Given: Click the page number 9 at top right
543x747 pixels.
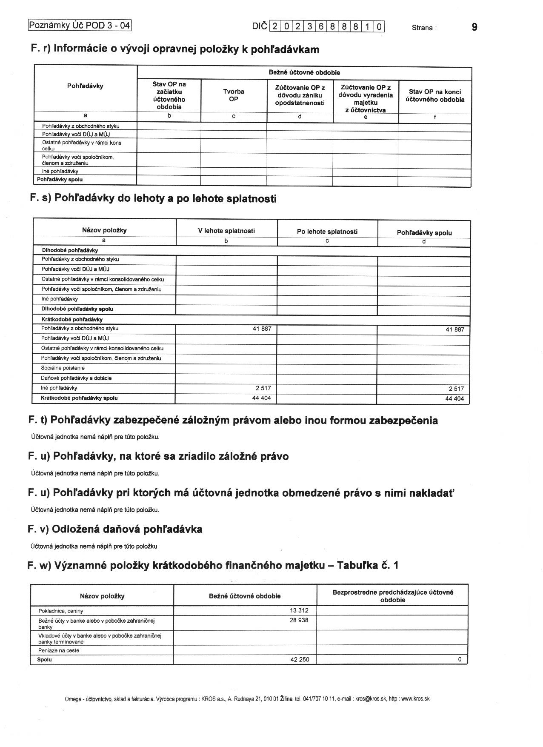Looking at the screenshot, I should [x=474, y=27].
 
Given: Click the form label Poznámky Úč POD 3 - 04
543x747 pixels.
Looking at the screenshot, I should [x=80, y=25].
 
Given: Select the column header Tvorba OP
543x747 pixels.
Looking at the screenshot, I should [x=234, y=95].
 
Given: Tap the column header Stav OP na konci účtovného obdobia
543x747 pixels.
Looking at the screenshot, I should [x=435, y=96].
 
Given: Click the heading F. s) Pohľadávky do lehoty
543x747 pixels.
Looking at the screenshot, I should [x=153, y=198].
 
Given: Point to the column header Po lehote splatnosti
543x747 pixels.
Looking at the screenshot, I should [x=327, y=232].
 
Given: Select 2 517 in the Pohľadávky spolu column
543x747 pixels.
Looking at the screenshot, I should [x=456, y=389].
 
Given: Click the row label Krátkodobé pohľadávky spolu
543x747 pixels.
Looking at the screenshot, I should [x=79, y=398].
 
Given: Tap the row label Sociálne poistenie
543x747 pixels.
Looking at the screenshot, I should [x=63, y=368].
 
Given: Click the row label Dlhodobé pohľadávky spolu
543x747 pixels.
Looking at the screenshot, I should [x=77, y=309].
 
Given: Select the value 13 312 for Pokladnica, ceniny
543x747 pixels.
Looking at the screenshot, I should [x=299, y=610].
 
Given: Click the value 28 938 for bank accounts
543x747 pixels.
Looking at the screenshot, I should [x=299, y=620].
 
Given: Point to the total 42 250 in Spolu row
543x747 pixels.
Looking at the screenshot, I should [x=300, y=660].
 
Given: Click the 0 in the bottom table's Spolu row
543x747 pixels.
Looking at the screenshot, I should [x=460, y=660].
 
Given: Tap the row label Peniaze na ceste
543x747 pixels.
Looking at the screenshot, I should [x=59, y=650].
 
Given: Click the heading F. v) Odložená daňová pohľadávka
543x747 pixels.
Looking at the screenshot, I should [x=115, y=529].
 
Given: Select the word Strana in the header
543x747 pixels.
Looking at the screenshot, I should [x=422, y=28].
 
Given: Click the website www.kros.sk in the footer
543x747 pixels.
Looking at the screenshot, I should [x=415, y=698].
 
